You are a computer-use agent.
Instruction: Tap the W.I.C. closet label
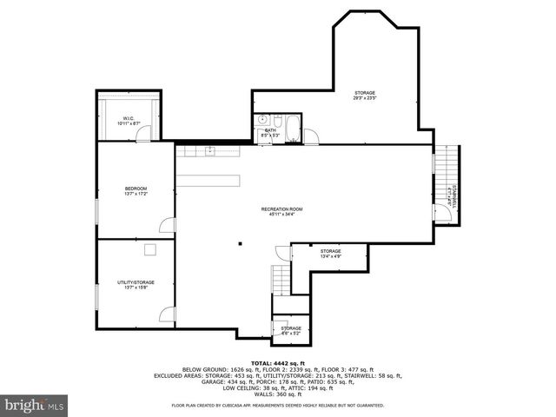[x=128, y=121]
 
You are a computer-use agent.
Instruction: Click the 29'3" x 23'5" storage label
[x=365, y=96]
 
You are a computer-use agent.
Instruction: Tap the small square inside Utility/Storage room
[x=149, y=250]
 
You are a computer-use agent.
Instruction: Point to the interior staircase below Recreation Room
[x=281, y=280]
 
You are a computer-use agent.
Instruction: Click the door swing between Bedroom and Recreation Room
[x=169, y=225]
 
